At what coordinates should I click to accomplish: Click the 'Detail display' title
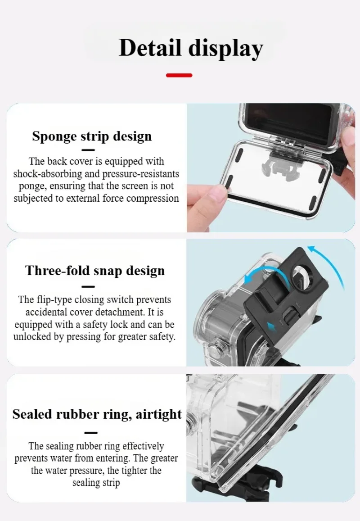tap(191, 49)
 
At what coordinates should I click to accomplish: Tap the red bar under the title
tap(179, 75)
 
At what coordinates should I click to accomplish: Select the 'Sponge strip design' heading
tap(92, 136)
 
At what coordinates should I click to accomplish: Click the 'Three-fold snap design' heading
tap(95, 271)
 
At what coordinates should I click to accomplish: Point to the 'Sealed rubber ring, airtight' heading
tap(97, 414)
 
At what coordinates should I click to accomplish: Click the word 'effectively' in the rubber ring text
tap(143, 446)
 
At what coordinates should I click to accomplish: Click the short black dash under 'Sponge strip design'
tap(88, 150)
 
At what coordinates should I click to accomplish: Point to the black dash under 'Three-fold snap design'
tap(88, 286)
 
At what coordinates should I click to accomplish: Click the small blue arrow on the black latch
tap(271, 326)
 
